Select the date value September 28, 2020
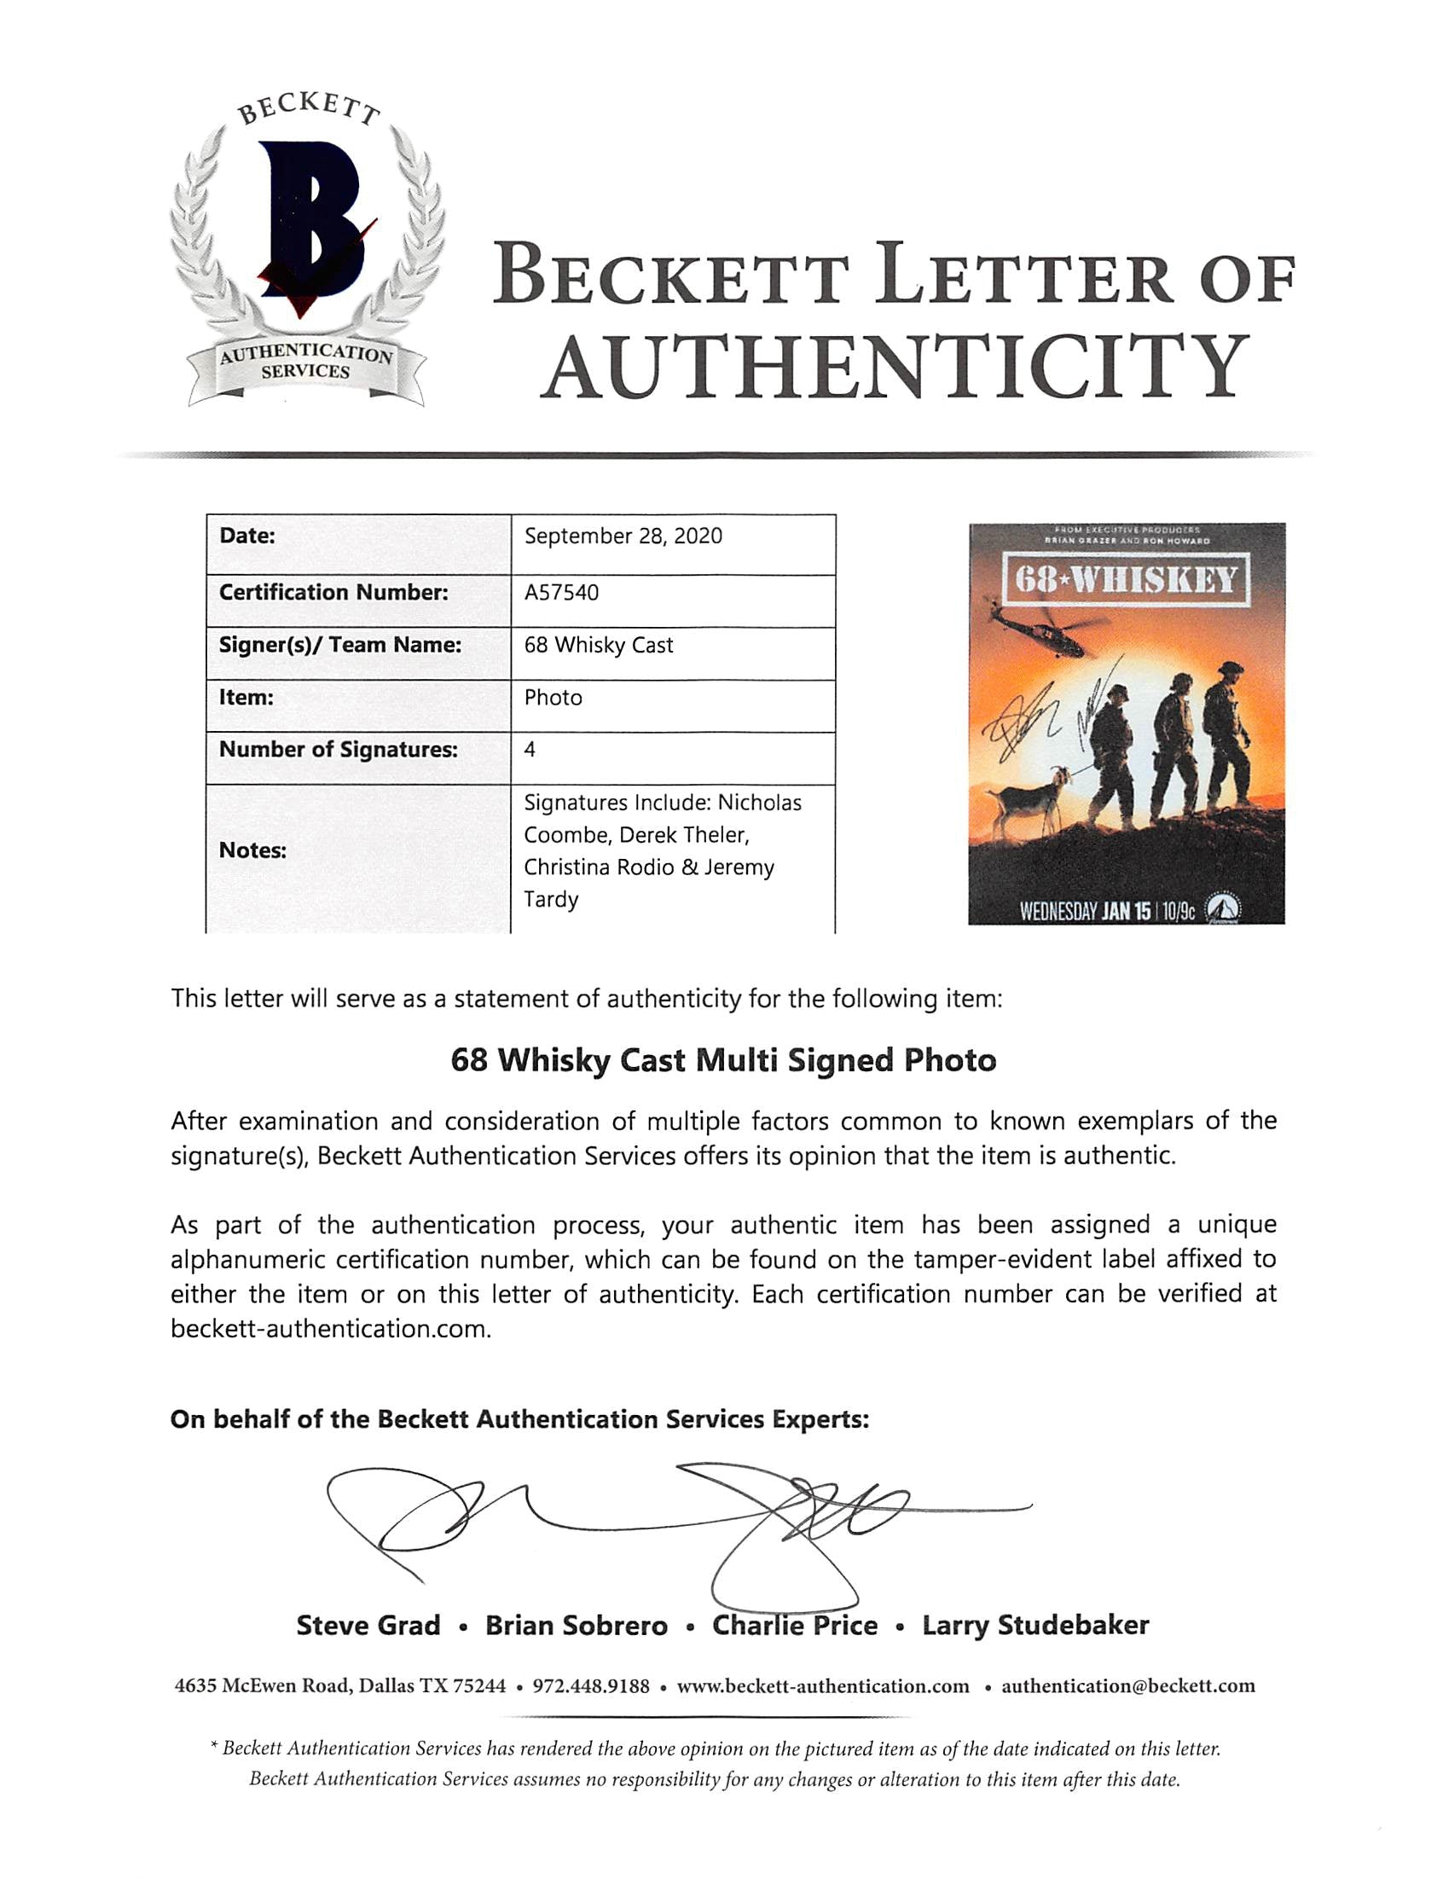pyautogui.click(x=623, y=536)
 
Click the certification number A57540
pyautogui.click(x=561, y=592)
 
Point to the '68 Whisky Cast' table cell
pyautogui.click(x=599, y=645)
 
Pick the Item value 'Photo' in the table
pyautogui.click(x=553, y=698)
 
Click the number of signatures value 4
pyautogui.click(x=530, y=750)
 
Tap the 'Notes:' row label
pyautogui.click(x=252, y=850)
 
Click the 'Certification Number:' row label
pyautogui.click(x=333, y=592)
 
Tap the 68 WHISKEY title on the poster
pyautogui.click(x=1126, y=581)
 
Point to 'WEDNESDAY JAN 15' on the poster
pyautogui.click(x=1085, y=910)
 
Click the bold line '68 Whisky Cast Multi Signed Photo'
pyautogui.click(x=723, y=1059)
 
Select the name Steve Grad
pyautogui.click(x=368, y=1625)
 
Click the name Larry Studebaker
pyautogui.click(x=1035, y=1625)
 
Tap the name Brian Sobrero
pyautogui.click(x=577, y=1625)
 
